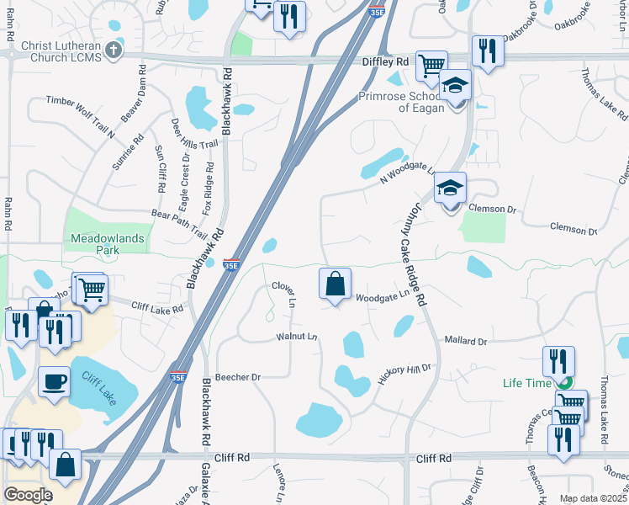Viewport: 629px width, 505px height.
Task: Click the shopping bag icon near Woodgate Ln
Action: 335,284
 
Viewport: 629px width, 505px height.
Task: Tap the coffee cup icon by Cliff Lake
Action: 55,381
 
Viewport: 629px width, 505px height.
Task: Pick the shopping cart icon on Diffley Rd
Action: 431,66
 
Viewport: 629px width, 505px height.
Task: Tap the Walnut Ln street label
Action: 296,338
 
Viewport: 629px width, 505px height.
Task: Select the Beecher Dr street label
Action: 239,377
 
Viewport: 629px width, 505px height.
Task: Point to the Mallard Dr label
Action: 465,341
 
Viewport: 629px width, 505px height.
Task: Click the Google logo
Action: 28,495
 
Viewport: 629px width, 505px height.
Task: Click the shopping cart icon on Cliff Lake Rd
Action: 92,290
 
